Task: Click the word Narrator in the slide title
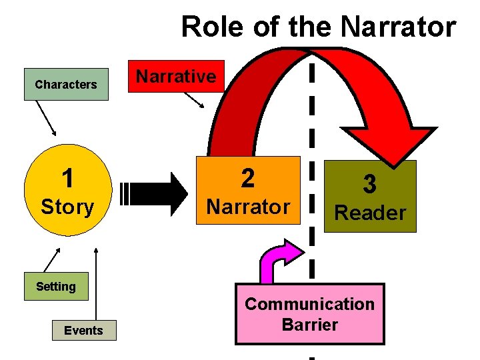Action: pyautogui.click(x=397, y=27)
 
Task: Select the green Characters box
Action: pyautogui.click(x=66, y=84)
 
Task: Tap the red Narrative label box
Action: pyautogui.click(x=176, y=77)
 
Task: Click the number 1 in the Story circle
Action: pyautogui.click(x=67, y=179)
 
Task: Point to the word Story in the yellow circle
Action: pyautogui.click(x=67, y=207)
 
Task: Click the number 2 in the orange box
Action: pyautogui.click(x=247, y=178)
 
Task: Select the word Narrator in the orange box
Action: pyautogui.click(x=247, y=207)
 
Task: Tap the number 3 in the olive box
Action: pyautogui.click(x=369, y=185)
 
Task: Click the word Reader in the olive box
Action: pyautogui.click(x=369, y=213)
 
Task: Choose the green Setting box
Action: pyautogui.click(x=56, y=287)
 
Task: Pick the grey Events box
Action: pyautogui.click(x=84, y=331)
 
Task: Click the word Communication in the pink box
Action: pyautogui.click(x=309, y=304)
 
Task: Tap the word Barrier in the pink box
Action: pyautogui.click(x=309, y=325)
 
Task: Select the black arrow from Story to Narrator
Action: pyautogui.click(x=157, y=194)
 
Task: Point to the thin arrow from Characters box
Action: pyautogui.click(x=47, y=119)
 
